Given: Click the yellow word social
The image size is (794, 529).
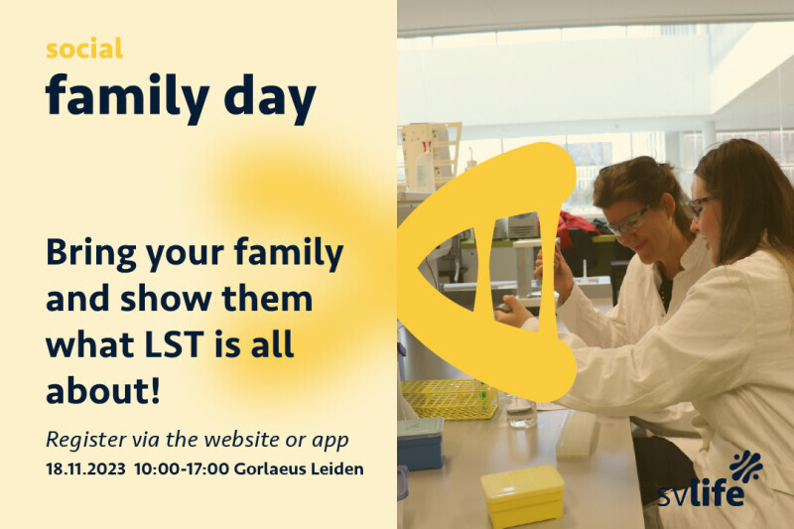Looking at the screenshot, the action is point(84,49).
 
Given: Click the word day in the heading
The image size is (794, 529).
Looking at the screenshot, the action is point(270,97).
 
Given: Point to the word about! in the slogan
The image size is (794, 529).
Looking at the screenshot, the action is point(103,391).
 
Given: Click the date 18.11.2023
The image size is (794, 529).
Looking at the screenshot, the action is point(85,468).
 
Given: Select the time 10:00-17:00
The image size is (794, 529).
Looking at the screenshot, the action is point(182,468).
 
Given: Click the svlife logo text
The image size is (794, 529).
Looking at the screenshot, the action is point(701,491).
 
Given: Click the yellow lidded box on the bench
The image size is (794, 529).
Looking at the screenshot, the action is point(523,494).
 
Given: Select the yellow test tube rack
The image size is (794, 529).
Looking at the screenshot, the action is point(449,399).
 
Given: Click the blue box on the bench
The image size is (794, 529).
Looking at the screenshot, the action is point(420,444).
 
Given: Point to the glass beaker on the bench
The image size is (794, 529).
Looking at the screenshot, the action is point(521,412).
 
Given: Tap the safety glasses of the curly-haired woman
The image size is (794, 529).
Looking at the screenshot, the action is point(628,221).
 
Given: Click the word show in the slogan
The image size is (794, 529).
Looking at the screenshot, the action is point(166,298).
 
